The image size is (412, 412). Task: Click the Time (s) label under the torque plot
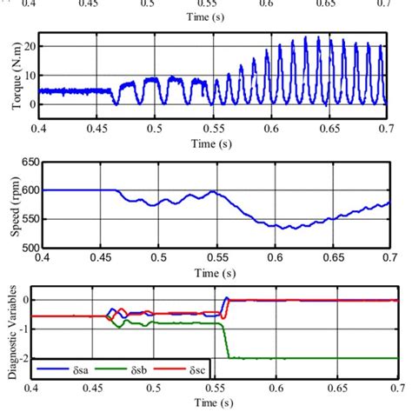(x=212, y=140)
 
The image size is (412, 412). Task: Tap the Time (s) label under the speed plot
(x=212, y=271)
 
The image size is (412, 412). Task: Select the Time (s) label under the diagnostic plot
(x=212, y=402)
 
